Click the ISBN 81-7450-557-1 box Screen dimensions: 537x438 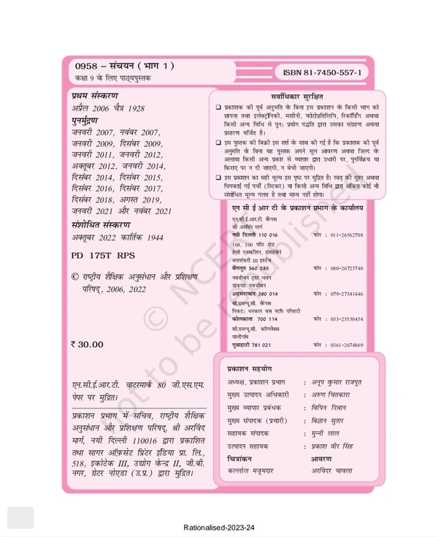pyautogui.click(x=322, y=73)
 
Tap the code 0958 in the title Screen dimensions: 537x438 pyautogui.click(x=86, y=66)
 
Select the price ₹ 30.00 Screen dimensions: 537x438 pyautogui.click(x=87, y=345)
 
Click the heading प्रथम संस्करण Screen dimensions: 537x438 pyautogui.click(x=95, y=96)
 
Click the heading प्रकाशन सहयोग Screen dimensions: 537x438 pyautogui.click(x=249, y=369)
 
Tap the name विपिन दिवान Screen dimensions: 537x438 pyautogui.click(x=330, y=408)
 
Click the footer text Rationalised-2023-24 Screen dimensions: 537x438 pyautogui.click(x=219, y=527)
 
